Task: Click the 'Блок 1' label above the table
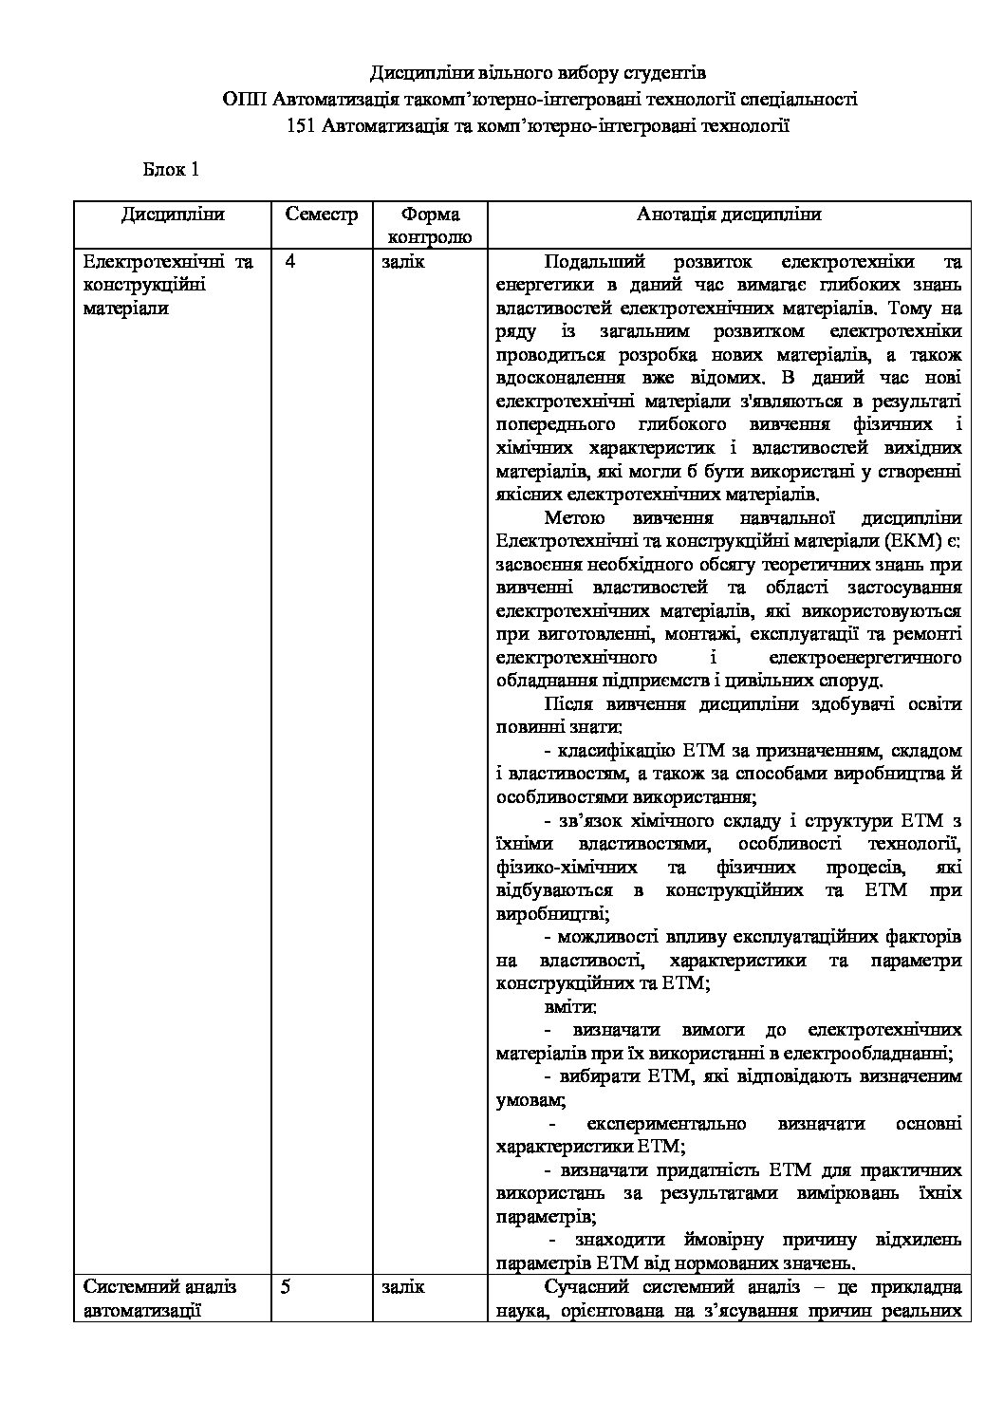[x=171, y=170]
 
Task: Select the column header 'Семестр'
[x=322, y=215]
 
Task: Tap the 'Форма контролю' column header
[x=430, y=225]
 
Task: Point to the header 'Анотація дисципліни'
[x=729, y=215]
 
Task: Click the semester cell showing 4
[x=289, y=262]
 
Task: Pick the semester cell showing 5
[x=289, y=1287]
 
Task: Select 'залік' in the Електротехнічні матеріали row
[x=403, y=262]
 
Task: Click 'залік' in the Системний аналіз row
[x=403, y=1287]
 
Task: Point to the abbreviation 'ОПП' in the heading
[x=244, y=99]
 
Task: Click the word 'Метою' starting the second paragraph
[x=574, y=518]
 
